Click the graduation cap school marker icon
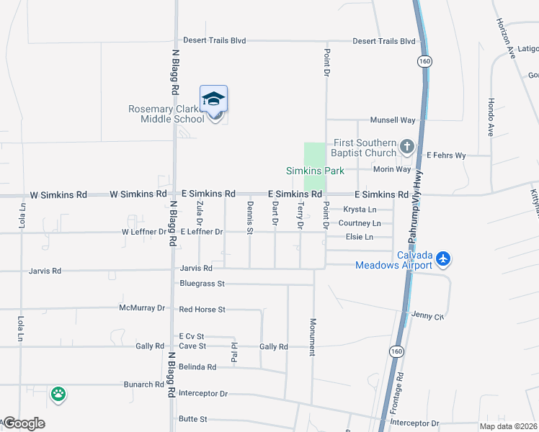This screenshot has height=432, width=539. (x=213, y=99)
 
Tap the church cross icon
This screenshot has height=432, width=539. (x=406, y=148)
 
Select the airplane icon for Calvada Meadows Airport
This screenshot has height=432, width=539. (x=442, y=257)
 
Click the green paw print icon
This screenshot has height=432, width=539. (x=58, y=395)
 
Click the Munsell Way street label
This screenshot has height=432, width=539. (x=393, y=120)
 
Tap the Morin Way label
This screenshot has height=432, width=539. (x=392, y=169)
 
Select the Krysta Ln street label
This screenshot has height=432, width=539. (x=360, y=210)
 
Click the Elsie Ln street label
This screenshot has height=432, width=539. (x=360, y=237)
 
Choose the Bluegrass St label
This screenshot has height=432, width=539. (x=202, y=284)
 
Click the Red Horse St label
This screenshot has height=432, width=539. (x=202, y=310)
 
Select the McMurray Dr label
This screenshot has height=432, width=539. (x=141, y=308)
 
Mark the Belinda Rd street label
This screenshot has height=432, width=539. (x=197, y=366)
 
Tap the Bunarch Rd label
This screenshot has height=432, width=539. (x=143, y=384)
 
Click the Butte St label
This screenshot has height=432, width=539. (x=193, y=419)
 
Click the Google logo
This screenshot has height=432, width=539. (x=23, y=423)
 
